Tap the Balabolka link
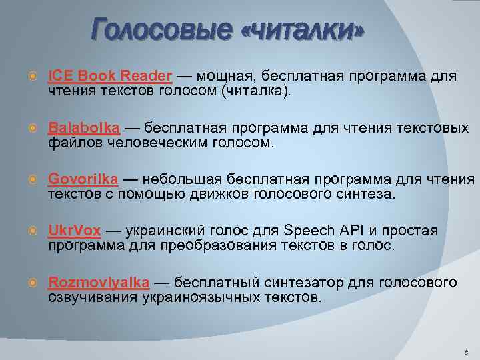(84, 127)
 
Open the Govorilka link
(83, 179)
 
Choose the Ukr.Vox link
(75, 231)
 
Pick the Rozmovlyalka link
(99, 282)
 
